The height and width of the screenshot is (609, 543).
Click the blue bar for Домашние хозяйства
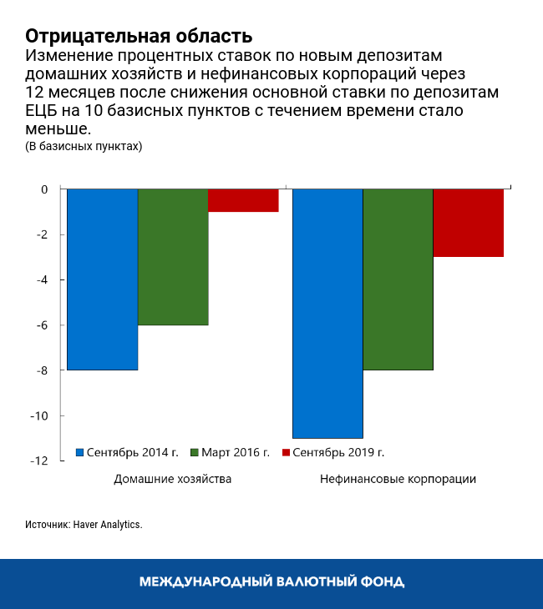coord(102,279)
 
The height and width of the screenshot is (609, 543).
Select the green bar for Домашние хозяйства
coord(173,257)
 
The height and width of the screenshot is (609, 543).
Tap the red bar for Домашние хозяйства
coord(243,201)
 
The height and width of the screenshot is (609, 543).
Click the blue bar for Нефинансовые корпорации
coord(327,314)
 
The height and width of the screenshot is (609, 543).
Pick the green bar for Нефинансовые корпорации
coord(398,279)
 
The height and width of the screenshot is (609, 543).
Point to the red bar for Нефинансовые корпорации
coord(468,224)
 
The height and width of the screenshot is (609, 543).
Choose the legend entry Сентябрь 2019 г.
coord(337,452)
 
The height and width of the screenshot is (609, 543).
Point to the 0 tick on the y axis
coord(44,190)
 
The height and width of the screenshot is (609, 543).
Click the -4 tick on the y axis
coord(42,280)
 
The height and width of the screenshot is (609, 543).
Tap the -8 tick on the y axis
coord(42,370)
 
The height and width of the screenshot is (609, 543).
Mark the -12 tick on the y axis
coord(39,461)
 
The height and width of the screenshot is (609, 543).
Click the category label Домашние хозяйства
coord(173,480)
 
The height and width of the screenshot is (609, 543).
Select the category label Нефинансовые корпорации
coord(398,480)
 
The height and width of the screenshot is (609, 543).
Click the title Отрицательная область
coord(138,37)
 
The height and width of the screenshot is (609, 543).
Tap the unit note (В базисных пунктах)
coord(84,147)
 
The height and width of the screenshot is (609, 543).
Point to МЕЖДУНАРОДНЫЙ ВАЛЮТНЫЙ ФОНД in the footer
coord(271,581)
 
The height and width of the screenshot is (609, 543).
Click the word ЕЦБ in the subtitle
coord(43,111)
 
